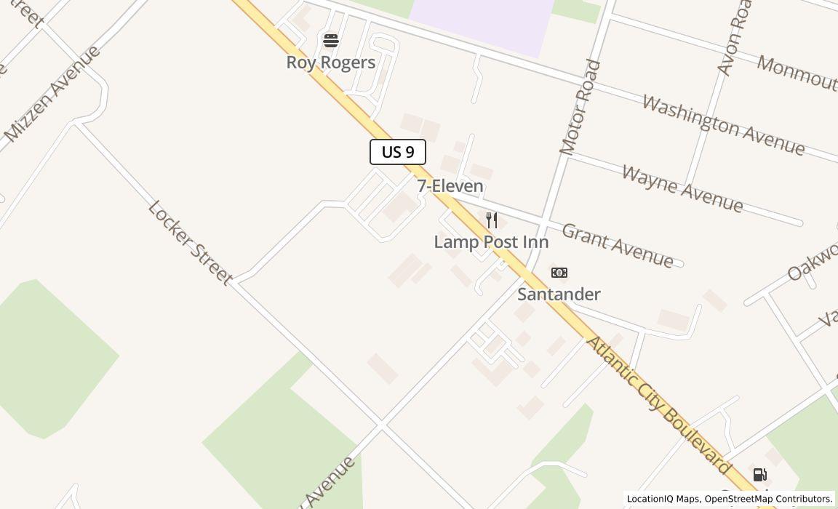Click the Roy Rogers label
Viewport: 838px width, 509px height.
click(331, 63)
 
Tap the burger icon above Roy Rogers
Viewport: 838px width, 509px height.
click(331, 41)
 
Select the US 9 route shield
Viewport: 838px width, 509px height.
click(398, 152)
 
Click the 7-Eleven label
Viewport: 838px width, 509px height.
click(450, 186)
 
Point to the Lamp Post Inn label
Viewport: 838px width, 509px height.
click(491, 242)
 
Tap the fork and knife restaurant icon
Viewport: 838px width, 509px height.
click(492, 220)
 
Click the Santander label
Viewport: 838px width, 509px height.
click(559, 294)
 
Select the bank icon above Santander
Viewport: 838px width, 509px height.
click(559, 273)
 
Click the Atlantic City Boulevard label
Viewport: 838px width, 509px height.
click(659, 406)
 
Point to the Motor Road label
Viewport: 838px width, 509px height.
click(580, 108)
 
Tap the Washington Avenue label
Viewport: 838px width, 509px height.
click(723, 125)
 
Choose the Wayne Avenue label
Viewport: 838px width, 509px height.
click(682, 189)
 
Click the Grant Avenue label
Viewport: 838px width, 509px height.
click(618, 246)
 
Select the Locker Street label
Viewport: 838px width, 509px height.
click(190, 242)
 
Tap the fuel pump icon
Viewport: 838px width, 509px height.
click(759, 476)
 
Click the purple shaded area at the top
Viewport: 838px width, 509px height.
click(480, 22)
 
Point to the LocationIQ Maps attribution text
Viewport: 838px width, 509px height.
click(663, 499)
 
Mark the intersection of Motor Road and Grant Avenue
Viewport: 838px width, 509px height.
click(544, 220)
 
